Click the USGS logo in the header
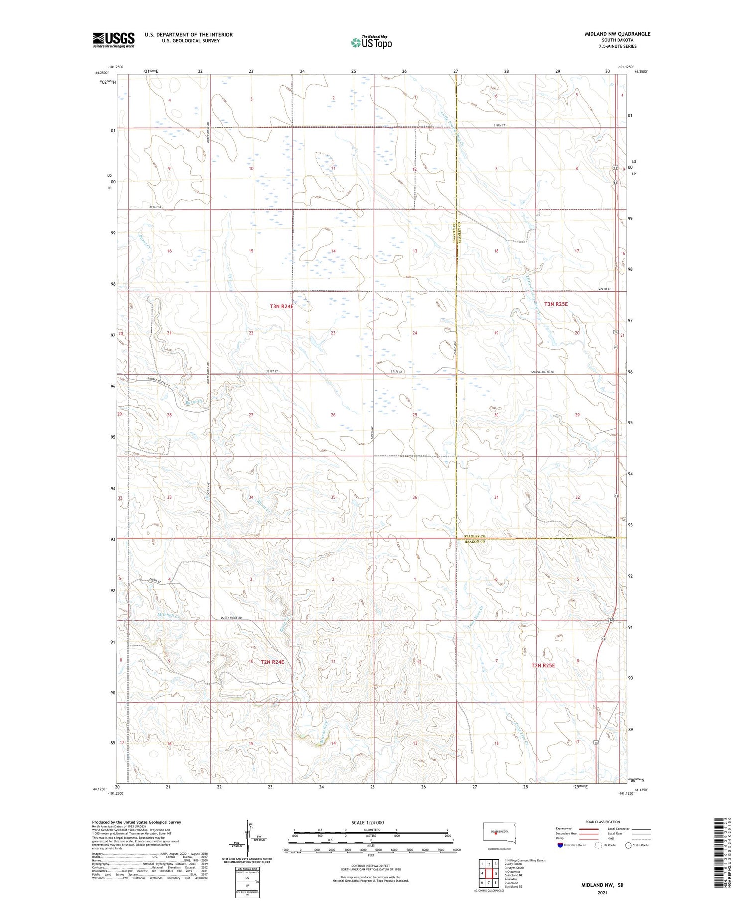pos(114,40)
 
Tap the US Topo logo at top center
pos(372,43)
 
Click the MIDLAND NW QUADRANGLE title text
pos(617,34)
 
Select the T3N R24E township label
pos(281,307)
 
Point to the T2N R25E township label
pos(549,665)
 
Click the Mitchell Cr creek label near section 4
pos(168,615)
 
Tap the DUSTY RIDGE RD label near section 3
pos(231,618)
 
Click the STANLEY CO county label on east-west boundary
pos(474,536)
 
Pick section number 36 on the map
pos(415,497)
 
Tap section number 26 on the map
pos(333,415)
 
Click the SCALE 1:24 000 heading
pos(368,822)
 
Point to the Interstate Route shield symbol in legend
pos(560,845)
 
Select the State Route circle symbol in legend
pos(628,845)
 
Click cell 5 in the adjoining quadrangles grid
pos(496,873)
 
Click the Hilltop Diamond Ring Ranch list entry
pos(525,860)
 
